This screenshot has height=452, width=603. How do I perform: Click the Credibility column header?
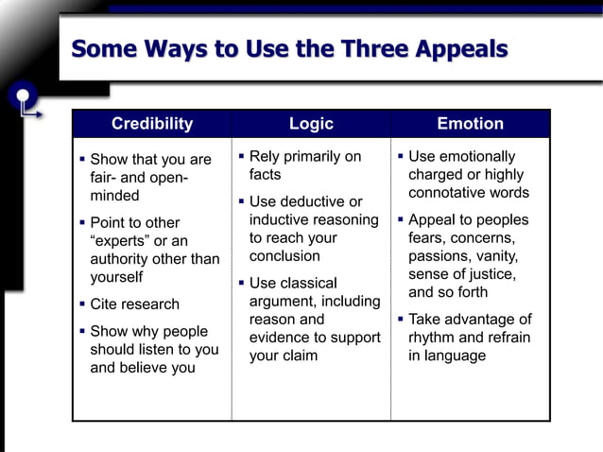coord(151,124)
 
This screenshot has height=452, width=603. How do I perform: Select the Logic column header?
coord(311,124)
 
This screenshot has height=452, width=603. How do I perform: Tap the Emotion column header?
coord(470,124)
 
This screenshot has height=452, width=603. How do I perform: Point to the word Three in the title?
coord(336,49)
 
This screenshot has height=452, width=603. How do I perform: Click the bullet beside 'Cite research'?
coord(82,304)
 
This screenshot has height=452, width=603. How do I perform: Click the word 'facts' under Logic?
coord(266,175)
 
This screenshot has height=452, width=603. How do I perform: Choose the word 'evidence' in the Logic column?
coord(281,338)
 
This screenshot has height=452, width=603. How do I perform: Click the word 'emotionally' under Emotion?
coord(475,156)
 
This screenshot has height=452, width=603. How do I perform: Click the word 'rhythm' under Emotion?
coord(433,338)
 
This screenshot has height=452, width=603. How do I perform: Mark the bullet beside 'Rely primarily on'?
coord(241,156)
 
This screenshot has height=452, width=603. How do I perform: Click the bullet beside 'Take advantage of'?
coord(401,319)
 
